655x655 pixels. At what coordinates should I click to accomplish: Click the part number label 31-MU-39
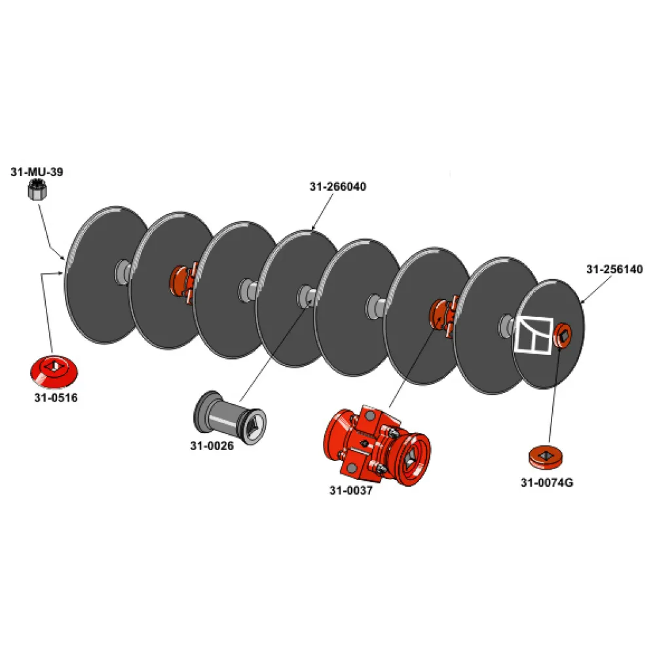37,172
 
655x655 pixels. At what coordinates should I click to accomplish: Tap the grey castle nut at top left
37,191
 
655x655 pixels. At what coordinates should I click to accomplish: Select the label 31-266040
337,186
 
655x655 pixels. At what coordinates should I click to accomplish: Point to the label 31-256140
614,269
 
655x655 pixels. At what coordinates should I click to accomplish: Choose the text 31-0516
56,398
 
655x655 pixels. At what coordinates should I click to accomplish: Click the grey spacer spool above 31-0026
230,418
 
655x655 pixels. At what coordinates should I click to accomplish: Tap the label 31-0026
212,445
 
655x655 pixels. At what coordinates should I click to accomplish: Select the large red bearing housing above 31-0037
377,446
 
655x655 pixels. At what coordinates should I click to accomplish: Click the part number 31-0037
351,490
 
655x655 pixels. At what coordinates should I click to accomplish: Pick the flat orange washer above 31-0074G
545,457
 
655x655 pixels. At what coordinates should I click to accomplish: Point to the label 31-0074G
547,483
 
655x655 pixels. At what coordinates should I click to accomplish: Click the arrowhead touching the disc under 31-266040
312,228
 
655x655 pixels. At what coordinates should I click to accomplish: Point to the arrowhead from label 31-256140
582,301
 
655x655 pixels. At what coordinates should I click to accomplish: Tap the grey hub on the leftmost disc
122,272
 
